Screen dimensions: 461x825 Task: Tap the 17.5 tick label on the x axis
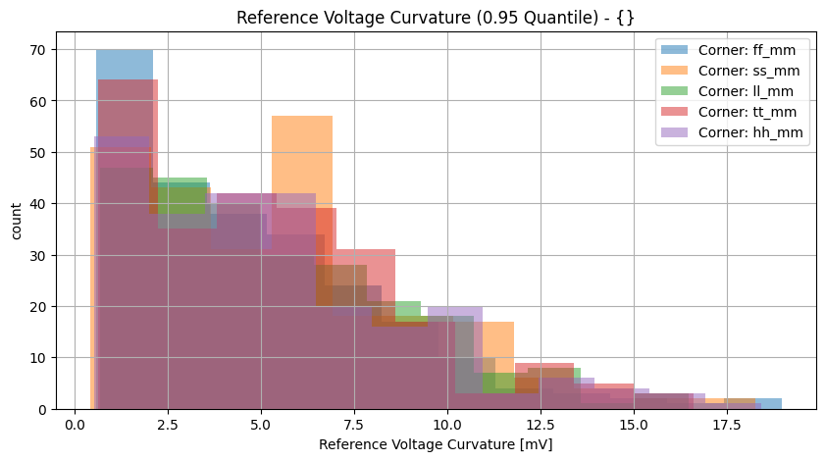coord(726,426)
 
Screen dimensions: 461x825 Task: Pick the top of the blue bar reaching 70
coord(125,51)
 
